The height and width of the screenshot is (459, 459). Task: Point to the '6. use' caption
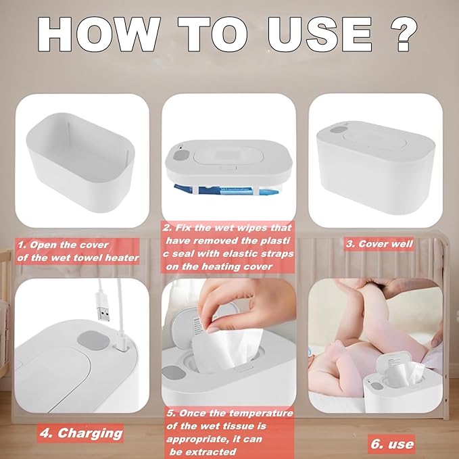click(392, 443)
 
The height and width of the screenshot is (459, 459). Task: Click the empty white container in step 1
click(81, 162)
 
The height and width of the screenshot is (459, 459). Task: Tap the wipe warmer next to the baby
click(395, 393)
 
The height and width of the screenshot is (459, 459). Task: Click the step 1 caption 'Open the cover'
click(77, 251)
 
